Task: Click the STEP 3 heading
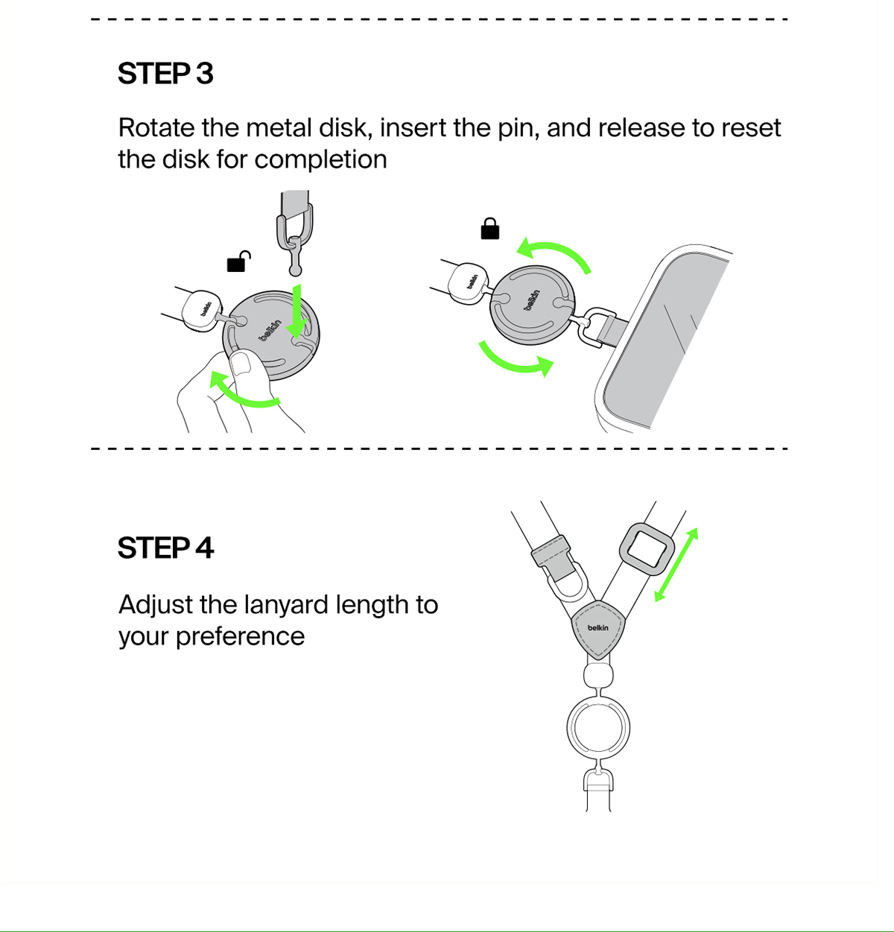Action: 165,73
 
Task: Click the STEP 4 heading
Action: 165,548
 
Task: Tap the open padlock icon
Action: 239,261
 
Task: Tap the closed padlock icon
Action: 490,229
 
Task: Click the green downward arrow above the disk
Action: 297,311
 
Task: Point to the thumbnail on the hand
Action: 243,363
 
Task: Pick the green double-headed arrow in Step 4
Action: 676,565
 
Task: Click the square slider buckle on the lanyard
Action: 647,549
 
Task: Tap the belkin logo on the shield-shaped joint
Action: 598,628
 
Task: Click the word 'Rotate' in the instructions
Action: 156,128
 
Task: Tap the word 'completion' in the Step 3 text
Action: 320,160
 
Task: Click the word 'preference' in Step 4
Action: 241,637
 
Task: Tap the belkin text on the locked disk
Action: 531,299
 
